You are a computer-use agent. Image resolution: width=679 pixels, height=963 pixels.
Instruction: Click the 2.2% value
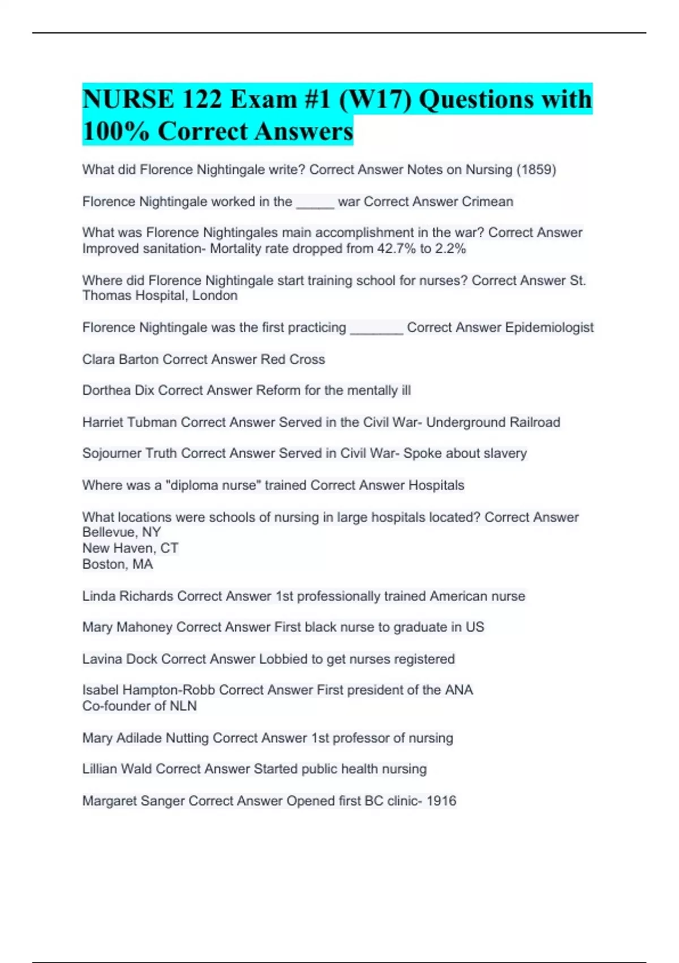450,249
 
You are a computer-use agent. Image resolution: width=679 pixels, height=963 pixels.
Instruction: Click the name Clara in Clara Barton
98,359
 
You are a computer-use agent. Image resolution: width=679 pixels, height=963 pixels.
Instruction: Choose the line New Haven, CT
130,548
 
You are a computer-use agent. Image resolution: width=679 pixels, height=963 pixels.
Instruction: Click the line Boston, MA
117,564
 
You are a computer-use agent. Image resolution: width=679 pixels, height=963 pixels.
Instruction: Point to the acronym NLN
183,706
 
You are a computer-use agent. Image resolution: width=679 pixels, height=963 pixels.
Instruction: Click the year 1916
441,800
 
